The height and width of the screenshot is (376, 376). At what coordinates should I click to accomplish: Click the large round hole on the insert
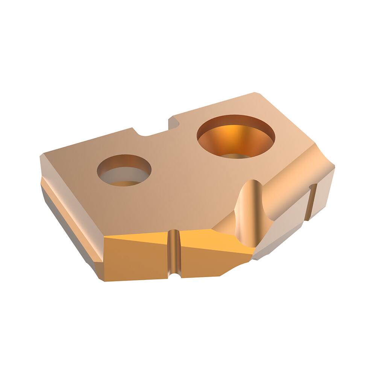(236, 136)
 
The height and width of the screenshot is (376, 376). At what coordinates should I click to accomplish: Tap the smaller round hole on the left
(124, 170)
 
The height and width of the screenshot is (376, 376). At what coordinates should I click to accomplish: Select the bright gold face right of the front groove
(211, 252)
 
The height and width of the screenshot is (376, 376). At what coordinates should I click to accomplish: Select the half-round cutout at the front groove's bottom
(174, 276)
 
